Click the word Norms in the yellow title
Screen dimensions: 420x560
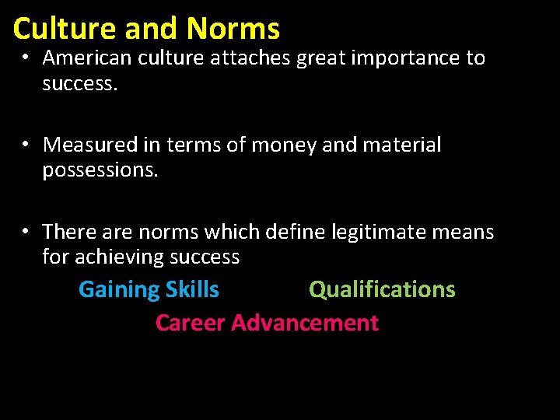pyautogui.click(x=233, y=29)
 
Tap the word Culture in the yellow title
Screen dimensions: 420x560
pyautogui.click(x=64, y=29)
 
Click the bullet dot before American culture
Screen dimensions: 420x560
pyautogui.click(x=26, y=57)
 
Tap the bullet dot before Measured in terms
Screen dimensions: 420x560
pyautogui.click(x=26, y=144)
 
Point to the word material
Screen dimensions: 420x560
pyautogui.click(x=403, y=145)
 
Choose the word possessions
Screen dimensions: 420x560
pyautogui.click(x=100, y=170)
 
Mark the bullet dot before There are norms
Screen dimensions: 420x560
pyautogui.click(x=26, y=231)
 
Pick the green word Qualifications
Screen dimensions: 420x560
pyautogui.click(x=382, y=290)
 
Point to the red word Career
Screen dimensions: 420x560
pyautogui.click(x=191, y=323)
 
